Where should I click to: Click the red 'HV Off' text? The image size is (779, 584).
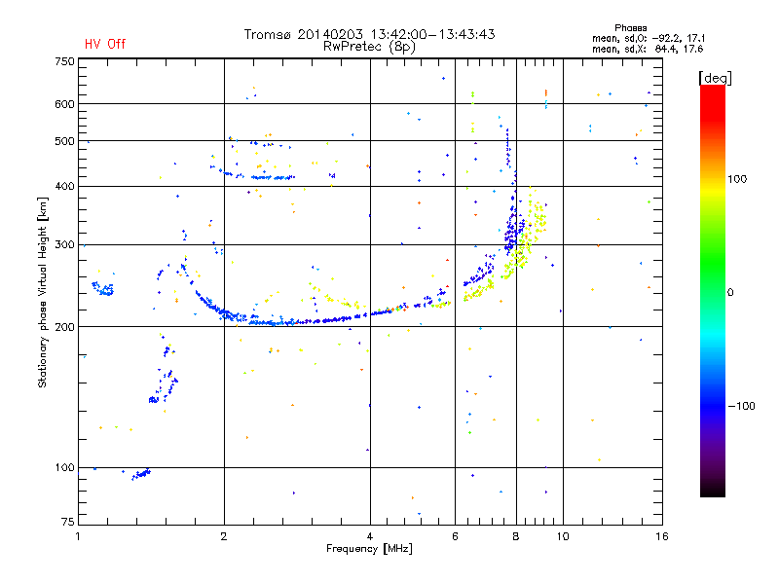105,44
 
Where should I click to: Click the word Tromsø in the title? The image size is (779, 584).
267,34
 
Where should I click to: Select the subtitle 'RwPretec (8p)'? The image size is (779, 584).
369,47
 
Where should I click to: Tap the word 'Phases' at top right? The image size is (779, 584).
630,28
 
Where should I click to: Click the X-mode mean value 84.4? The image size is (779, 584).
665,49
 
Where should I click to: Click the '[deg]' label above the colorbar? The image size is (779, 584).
715,78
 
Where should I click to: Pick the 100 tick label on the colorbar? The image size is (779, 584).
737,179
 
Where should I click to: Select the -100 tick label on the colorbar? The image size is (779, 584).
742,406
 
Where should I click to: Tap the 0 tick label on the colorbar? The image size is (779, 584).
730,293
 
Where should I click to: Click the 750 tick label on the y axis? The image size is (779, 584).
64,61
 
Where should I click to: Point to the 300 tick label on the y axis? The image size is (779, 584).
64,245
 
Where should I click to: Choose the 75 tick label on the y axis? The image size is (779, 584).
68,522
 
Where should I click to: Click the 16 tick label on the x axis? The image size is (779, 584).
662,536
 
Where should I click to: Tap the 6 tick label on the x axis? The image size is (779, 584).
455,536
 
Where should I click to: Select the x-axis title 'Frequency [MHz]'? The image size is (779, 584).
369,549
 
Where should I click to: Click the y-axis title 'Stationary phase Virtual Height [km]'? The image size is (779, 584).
42,292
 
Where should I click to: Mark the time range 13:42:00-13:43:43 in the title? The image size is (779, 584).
432,34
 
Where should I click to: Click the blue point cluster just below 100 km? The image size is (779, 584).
141,474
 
